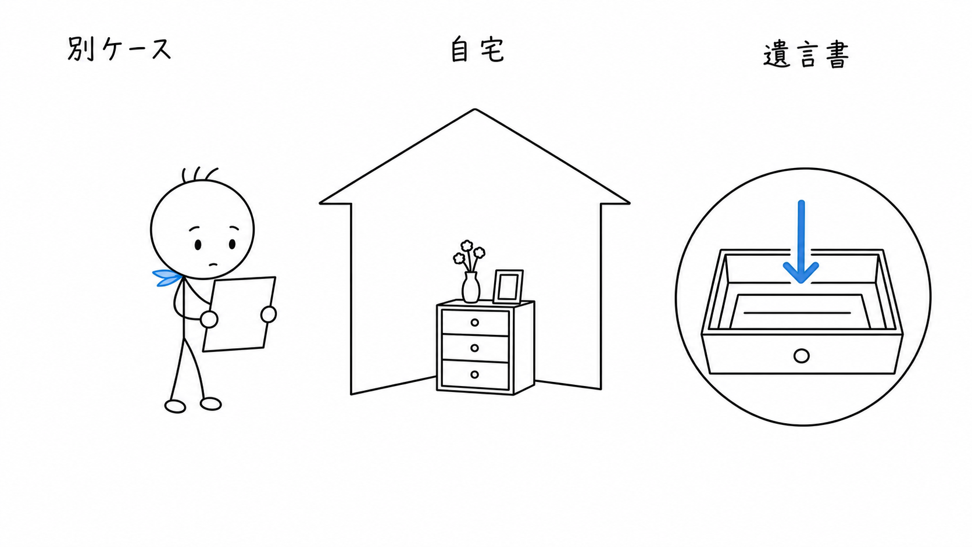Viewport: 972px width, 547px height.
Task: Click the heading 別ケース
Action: point(119,49)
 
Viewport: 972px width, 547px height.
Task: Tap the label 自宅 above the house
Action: point(477,50)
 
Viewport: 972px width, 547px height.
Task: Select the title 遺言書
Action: point(806,55)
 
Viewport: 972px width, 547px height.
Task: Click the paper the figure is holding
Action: point(239,314)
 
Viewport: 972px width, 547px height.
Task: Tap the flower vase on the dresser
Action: point(471,287)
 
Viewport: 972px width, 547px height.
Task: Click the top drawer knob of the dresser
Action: point(475,323)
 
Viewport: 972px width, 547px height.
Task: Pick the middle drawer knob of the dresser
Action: point(475,348)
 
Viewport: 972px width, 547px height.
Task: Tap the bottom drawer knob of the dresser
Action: point(475,374)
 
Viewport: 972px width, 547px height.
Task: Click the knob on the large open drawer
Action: point(802,356)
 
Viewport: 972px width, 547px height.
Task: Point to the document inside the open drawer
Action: point(799,312)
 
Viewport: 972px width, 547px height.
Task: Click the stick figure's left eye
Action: point(198,245)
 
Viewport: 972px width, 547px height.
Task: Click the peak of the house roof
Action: point(475,109)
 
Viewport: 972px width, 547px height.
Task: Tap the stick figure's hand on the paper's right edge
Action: point(269,314)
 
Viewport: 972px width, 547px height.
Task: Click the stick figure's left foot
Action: point(176,406)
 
